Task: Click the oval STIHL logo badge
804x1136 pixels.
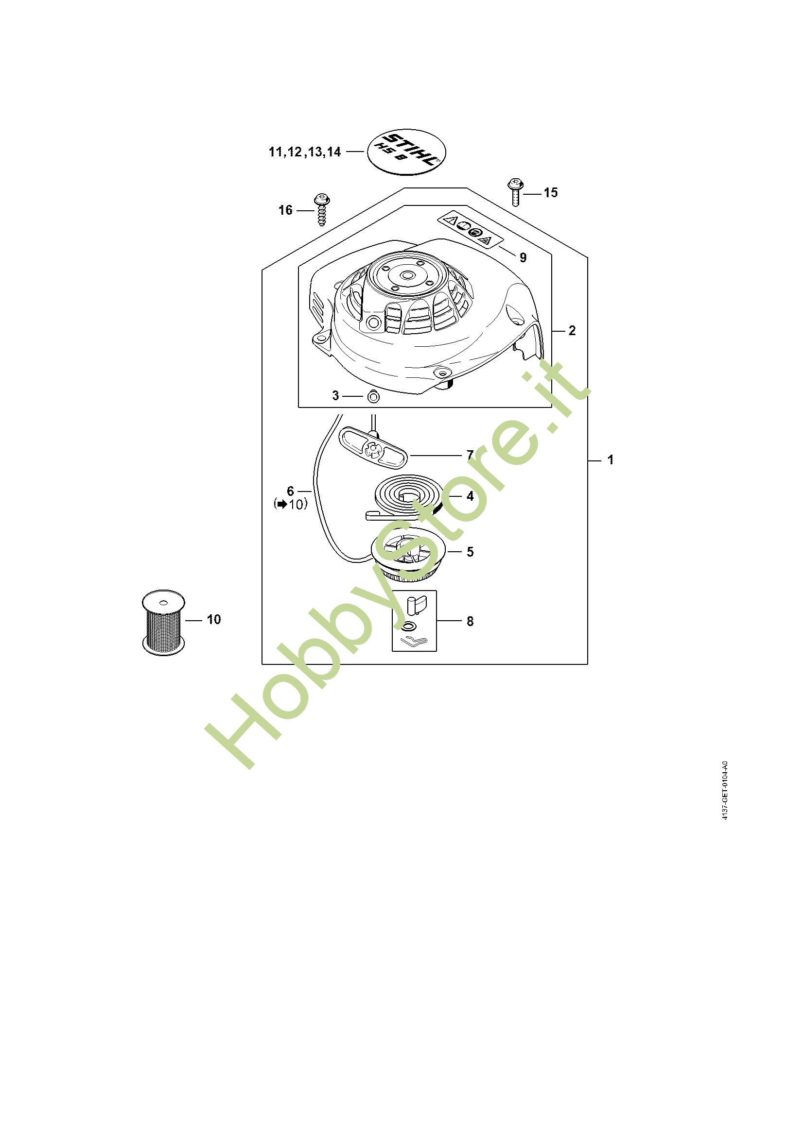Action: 406,152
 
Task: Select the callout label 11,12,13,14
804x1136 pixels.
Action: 305,152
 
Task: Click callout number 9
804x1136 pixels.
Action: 523,257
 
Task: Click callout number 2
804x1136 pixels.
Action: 572,331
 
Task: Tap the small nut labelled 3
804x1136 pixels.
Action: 374,396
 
